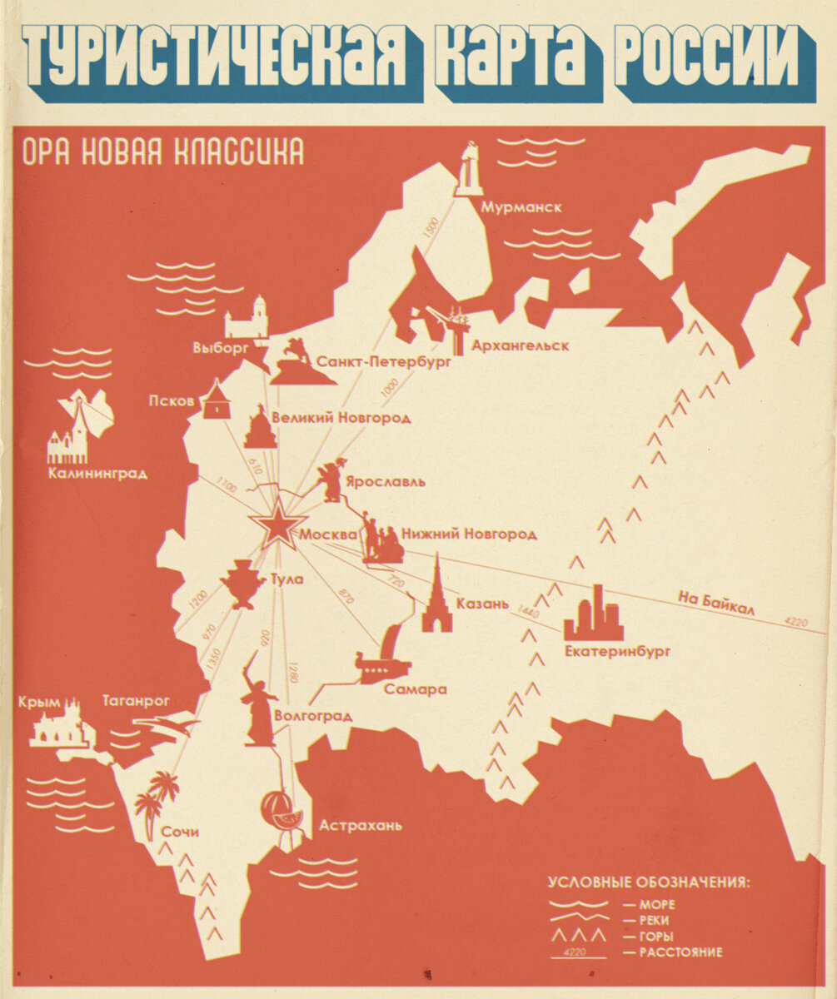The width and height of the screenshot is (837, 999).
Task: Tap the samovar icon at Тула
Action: pos(242,584)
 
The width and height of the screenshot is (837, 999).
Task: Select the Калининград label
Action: pos(97,474)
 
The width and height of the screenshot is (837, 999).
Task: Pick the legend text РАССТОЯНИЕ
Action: pos(681,952)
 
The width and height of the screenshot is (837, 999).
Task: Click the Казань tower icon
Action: pos(436,594)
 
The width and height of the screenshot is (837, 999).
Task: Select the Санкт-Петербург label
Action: pos(384,362)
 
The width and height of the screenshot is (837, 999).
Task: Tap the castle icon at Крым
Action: pos(59,727)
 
